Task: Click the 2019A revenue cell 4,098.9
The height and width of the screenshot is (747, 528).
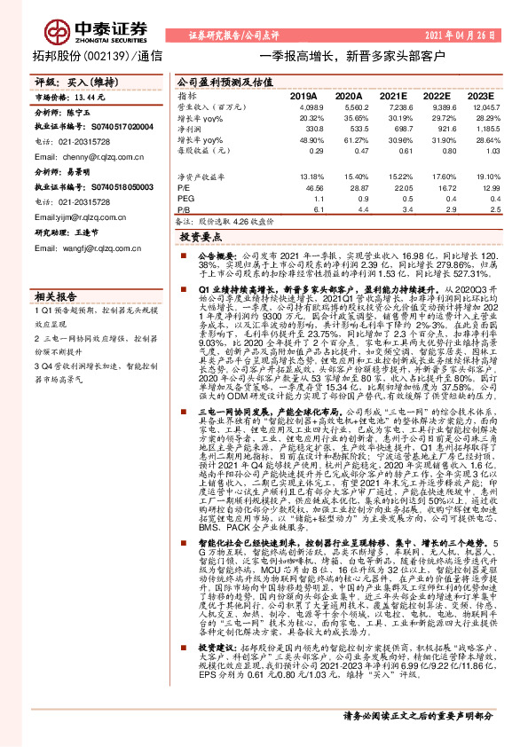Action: [x=303, y=106]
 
